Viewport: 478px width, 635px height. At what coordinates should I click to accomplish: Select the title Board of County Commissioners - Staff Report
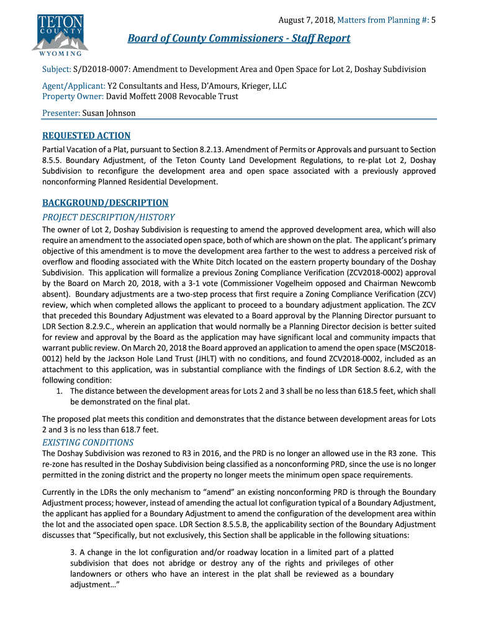click(x=239, y=38)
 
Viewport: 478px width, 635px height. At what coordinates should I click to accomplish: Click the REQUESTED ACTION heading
click(x=86, y=136)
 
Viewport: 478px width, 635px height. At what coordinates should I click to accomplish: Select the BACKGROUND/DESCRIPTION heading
click(x=105, y=203)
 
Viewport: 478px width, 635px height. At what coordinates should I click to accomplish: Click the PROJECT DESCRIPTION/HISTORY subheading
click(x=108, y=217)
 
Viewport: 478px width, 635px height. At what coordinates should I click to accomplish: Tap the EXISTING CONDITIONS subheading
click(x=88, y=442)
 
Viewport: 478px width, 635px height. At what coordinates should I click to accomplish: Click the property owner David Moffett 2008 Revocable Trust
click(x=172, y=97)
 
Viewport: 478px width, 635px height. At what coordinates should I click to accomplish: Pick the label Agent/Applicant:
click(x=73, y=86)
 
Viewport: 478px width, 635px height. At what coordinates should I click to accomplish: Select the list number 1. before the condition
click(x=60, y=391)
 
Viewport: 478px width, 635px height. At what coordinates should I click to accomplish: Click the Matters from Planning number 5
click(x=433, y=20)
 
